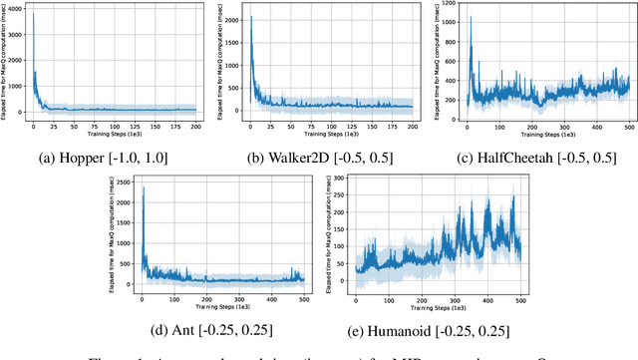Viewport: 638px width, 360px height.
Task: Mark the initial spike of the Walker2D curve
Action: [250, 17]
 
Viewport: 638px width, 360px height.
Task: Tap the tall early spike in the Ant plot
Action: [142, 186]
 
